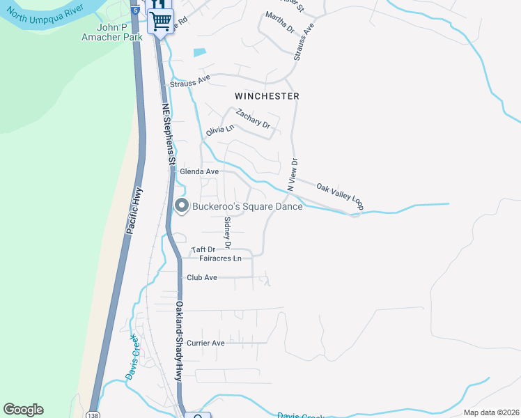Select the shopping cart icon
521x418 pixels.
click(160, 21)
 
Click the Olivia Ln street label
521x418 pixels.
click(220, 130)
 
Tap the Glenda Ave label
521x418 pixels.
click(199, 171)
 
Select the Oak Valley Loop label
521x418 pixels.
click(341, 196)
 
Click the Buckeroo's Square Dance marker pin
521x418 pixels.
click(182, 206)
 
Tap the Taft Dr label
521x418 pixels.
click(203, 249)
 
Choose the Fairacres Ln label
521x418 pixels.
click(220, 258)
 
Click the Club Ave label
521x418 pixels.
click(202, 277)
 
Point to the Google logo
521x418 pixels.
click(24, 410)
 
